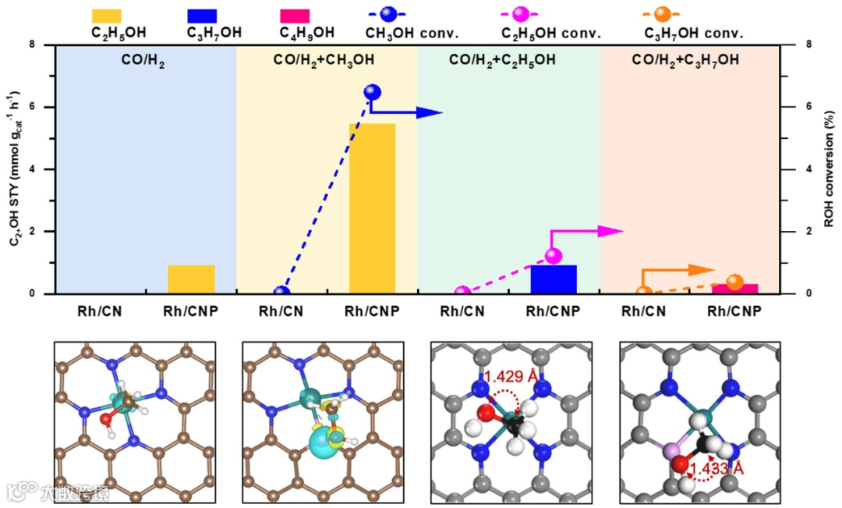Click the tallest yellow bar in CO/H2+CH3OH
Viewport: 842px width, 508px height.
coord(372,208)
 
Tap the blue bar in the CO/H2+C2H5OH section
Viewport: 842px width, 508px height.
coord(554,279)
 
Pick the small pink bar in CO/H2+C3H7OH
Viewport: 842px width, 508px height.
coord(734,289)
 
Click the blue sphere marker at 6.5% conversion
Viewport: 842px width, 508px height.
coord(373,92)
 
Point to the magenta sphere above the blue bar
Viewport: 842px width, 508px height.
coord(554,255)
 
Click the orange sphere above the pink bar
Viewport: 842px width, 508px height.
coord(734,282)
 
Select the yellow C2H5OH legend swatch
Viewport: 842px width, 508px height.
coord(107,15)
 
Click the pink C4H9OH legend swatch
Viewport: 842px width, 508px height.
coord(295,15)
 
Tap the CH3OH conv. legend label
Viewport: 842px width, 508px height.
coord(412,33)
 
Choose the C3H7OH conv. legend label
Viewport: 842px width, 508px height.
coord(693,33)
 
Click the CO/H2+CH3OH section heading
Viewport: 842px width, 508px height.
coord(324,59)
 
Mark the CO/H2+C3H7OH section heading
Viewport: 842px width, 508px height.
coord(686,59)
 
